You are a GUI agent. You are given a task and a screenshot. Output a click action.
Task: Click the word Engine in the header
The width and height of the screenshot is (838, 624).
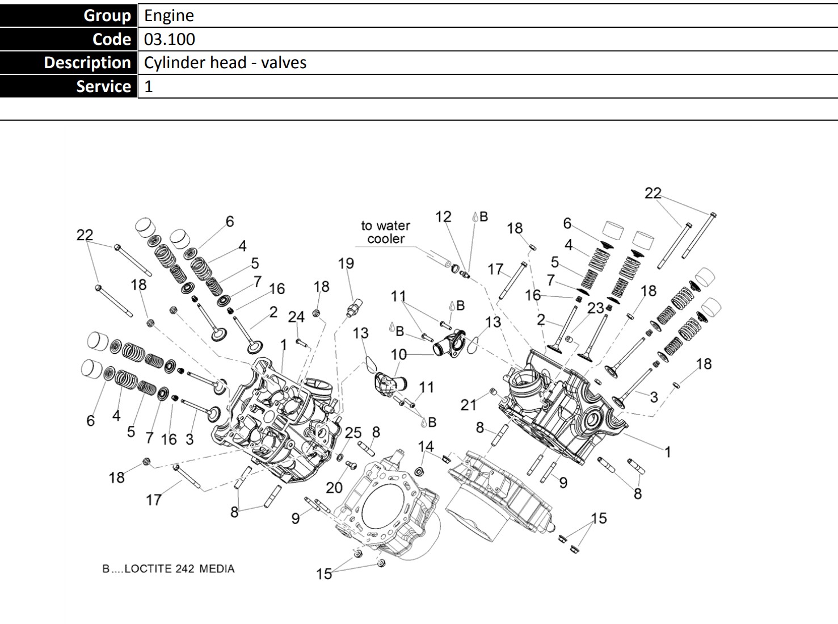pyautogui.click(x=169, y=15)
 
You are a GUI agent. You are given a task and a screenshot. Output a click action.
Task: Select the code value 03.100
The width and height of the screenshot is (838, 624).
pyautogui.click(x=169, y=39)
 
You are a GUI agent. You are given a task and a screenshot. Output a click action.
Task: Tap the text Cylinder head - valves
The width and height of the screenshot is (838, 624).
pyautogui.click(x=225, y=62)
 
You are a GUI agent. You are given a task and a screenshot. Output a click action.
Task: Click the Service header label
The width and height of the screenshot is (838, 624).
pyautogui.click(x=103, y=86)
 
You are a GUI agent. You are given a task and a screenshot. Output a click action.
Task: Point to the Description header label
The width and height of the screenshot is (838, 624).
pyautogui.click(x=87, y=62)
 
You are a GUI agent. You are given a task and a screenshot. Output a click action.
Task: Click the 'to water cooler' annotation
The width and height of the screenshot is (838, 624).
pyautogui.click(x=385, y=232)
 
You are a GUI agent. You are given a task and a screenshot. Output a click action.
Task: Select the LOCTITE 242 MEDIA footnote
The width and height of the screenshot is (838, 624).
pyautogui.click(x=168, y=569)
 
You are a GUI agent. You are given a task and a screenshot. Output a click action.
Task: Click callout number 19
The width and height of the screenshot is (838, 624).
pyautogui.click(x=346, y=263)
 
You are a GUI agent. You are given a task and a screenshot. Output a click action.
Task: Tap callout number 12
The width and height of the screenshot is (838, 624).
pyautogui.click(x=443, y=217)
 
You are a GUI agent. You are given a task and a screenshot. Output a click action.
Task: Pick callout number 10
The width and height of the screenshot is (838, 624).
pyautogui.click(x=398, y=354)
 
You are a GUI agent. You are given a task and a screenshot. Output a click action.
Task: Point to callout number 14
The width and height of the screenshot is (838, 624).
pyautogui.click(x=426, y=447)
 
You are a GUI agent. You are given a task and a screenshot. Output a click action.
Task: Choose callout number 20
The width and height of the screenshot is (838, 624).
pyautogui.click(x=334, y=487)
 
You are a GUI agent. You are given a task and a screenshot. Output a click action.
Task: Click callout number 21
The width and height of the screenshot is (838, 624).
pyautogui.click(x=468, y=404)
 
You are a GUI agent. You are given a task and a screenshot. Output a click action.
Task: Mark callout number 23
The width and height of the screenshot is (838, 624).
pyautogui.click(x=595, y=308)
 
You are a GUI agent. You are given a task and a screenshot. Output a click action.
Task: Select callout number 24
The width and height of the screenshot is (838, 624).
pyautogui.click(x=296, y=317)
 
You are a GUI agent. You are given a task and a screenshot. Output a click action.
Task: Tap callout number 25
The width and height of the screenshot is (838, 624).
pyautogui.click(x=353, y=433)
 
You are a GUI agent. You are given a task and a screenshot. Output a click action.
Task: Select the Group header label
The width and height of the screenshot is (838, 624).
pyautogui.click(x=107, y=15)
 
